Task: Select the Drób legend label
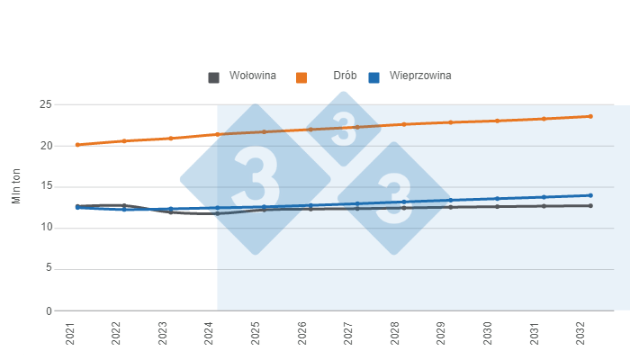click(x=346, y=76)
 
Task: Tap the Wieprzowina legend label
click(x=421, y=76)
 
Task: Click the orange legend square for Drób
click(x=302, y=77)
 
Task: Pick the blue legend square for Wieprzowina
click(x=374, y=77)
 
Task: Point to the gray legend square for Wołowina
click(x=214, y=77)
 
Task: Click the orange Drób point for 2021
click(x=77, y=144)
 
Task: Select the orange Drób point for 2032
click(x=590, y=116)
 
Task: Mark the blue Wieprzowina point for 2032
click(x=590, y=195)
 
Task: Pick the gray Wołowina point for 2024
click(x=217, y=213)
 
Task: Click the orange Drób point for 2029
click(x=450, y=122)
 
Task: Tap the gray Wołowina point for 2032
click(x=590, y=206)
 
